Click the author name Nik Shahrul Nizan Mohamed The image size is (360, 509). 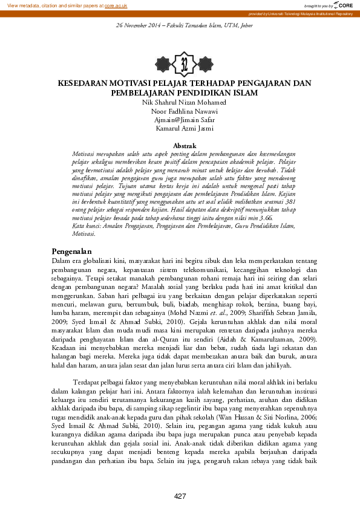[180, 103]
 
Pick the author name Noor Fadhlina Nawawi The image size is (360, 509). [180, 111]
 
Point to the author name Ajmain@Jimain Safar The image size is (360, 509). [180, 120]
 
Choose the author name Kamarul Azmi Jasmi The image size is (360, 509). [180, 128]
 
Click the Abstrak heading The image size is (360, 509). [185, 146]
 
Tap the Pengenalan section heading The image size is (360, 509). [71, 251]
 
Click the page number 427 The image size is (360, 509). [180, 496]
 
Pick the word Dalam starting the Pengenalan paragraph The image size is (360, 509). [61, 260]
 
